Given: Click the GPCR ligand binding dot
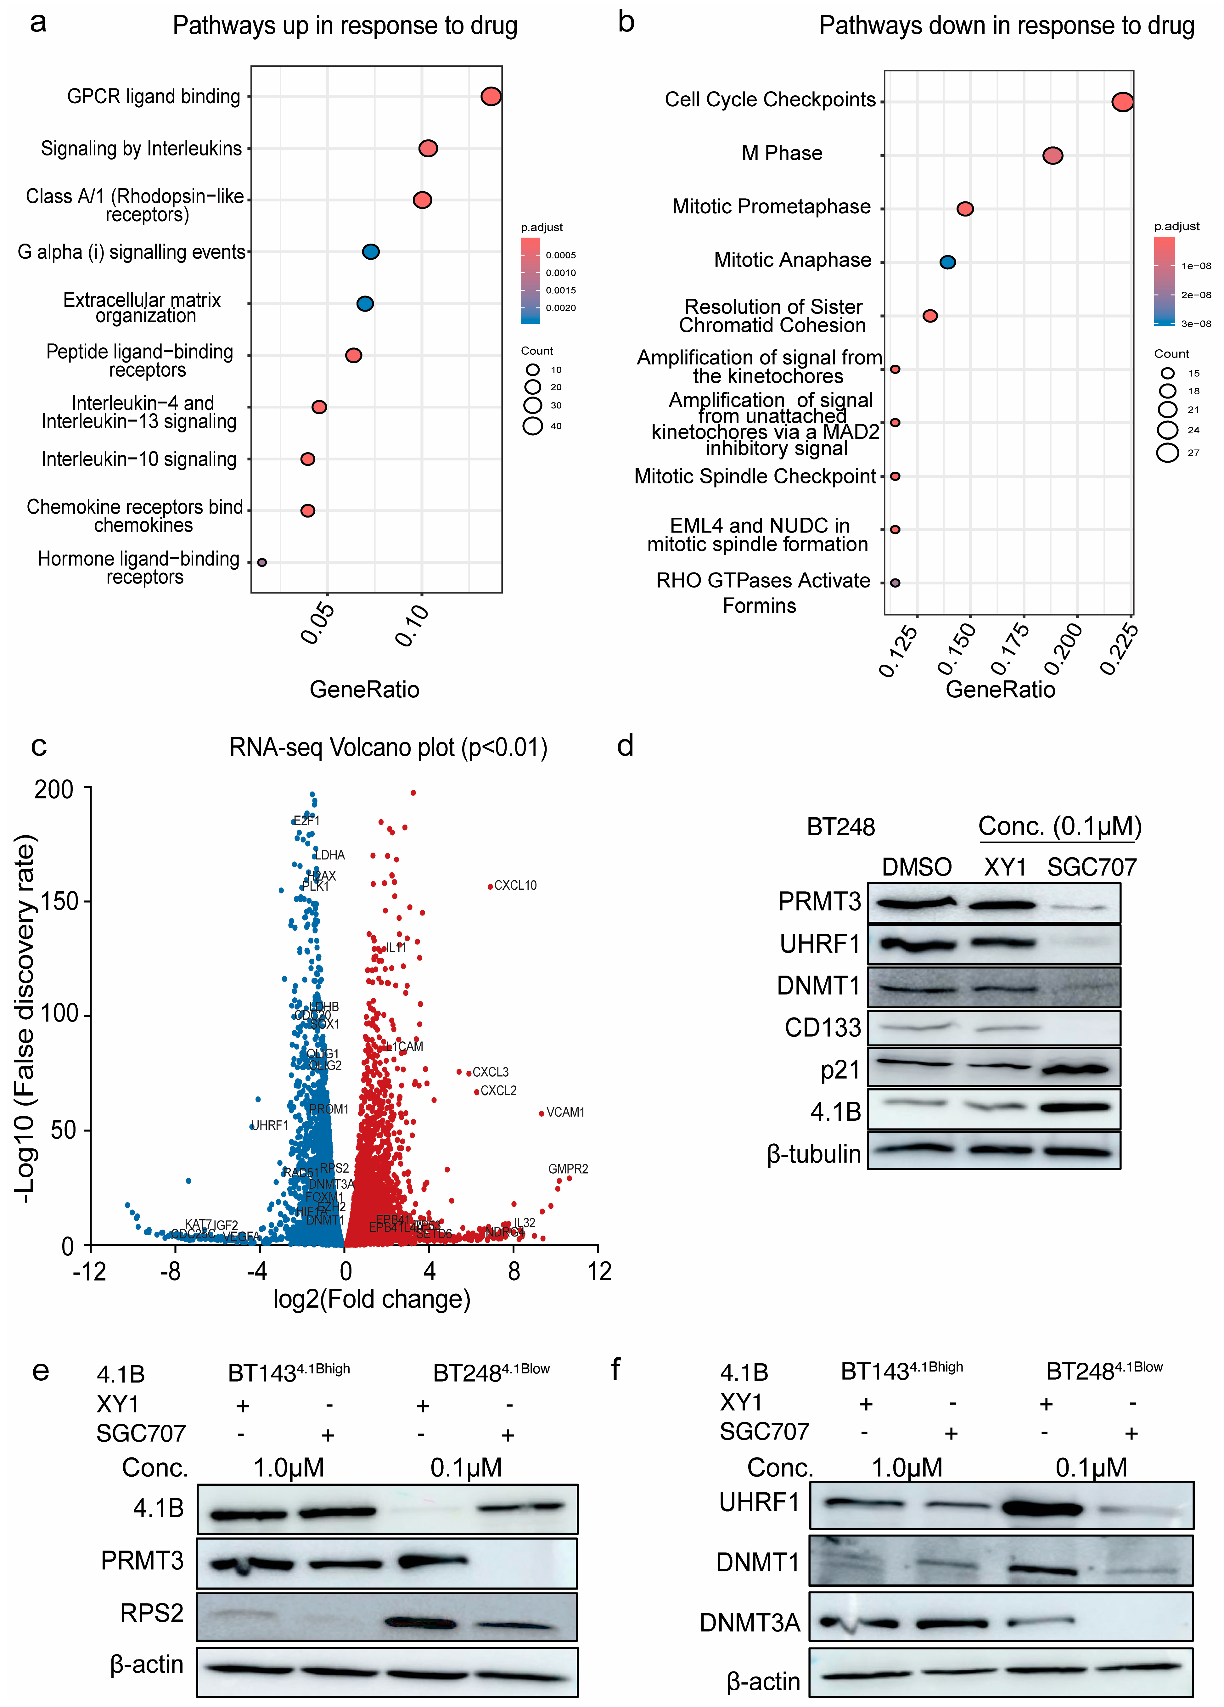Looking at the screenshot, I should [x=491, y=96].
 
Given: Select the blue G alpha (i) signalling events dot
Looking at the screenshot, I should [x=370, y=251].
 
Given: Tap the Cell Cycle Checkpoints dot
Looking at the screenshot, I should [x=1122, y=102].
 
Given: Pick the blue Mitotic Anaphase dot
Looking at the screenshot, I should [x=947, y=262].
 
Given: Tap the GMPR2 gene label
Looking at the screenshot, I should [x=568, y=1169].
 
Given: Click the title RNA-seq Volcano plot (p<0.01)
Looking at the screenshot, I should [x=388, y=747].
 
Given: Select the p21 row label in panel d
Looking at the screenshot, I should [x=840, y=1069].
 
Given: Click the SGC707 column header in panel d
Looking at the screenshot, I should [x=1092, y=867].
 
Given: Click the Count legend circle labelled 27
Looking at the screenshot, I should [x=1167, y=452].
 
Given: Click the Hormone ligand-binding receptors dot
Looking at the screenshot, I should [x=262, y=562].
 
